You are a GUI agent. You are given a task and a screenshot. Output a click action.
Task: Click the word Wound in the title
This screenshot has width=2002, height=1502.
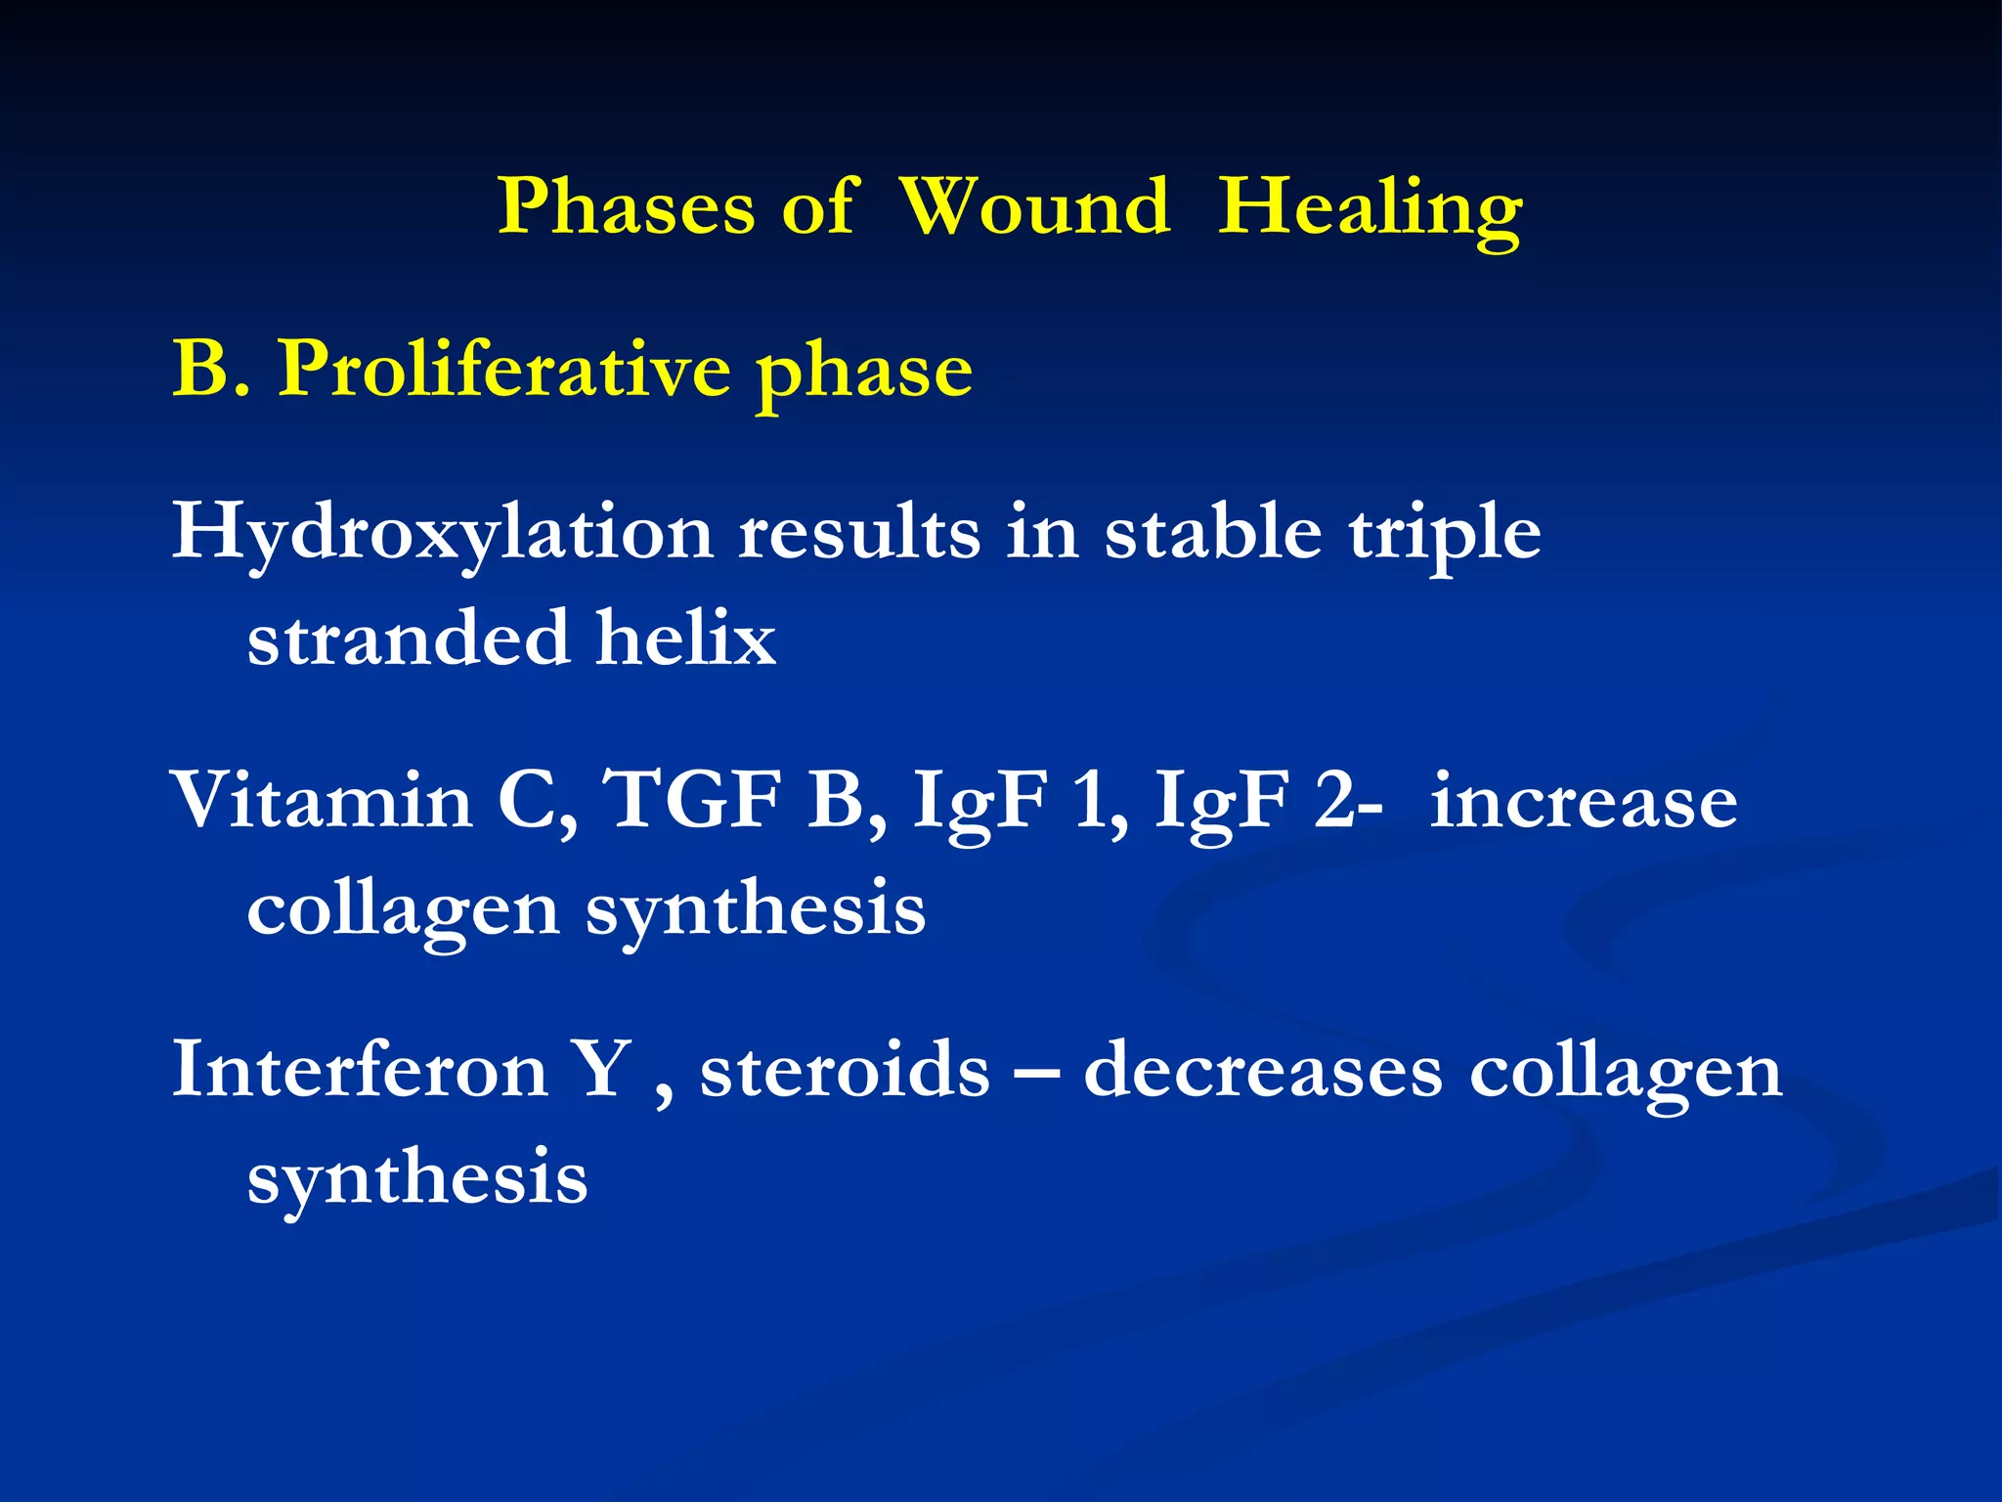pyautogui.click(x=1033, y=207)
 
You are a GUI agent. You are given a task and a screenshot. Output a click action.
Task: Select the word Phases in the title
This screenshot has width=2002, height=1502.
pyautogui.click(x=626, y=207)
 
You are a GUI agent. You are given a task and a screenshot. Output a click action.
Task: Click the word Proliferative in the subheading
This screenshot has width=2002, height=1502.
pyautogui.click(x=504, y=371)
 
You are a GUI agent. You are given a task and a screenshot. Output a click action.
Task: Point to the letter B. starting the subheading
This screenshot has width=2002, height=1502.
pyautogui.click(x=209, y=371)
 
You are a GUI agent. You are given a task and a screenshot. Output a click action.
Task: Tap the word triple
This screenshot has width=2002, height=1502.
pyautogui.click(x=1444, y=535)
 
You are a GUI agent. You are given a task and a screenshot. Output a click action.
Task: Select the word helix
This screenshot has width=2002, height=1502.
pyautogui.click(x=686, y=639)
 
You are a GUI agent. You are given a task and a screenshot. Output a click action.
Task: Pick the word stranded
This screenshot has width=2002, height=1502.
pyautogui.click(x=409, y=639)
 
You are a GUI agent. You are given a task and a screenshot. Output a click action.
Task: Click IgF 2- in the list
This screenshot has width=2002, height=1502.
pyautogui.click(x=1267, y=802)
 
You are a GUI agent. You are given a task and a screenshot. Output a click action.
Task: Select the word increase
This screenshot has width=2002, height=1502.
pyautogui.click(x=1583, y=802)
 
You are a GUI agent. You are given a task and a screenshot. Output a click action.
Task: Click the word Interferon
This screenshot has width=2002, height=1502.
pyautogui.click(x=360, y=1070)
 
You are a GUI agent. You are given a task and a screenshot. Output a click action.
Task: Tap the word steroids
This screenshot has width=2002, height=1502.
pyautogui.click(x=845, y=1070)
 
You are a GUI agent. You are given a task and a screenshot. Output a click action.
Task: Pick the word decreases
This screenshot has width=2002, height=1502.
pyautogui.click(x=1262, y=1070)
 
